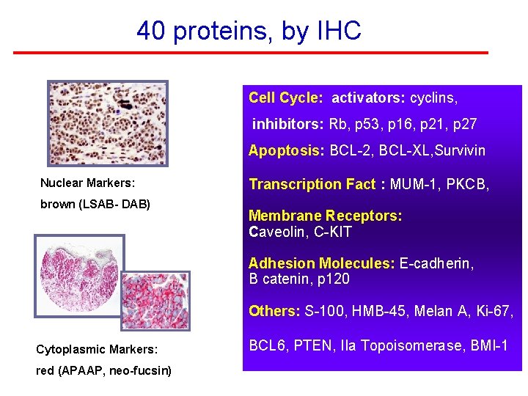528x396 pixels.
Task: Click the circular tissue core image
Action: (x=79, y=274)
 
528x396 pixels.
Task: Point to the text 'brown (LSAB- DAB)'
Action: (x=95, y=204)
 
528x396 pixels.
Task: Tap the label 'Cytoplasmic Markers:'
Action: (x=98, y=350)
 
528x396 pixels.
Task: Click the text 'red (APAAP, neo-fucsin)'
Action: (x=103, y=370)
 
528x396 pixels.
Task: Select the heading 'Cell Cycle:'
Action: (x=285, y=98)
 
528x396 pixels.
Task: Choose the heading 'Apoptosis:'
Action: (x=286, y=151)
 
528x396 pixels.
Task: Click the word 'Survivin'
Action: (x=458, y=151)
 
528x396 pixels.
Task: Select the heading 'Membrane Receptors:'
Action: (x=325, y=216)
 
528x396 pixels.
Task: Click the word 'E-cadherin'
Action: (x=436, y=263)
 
